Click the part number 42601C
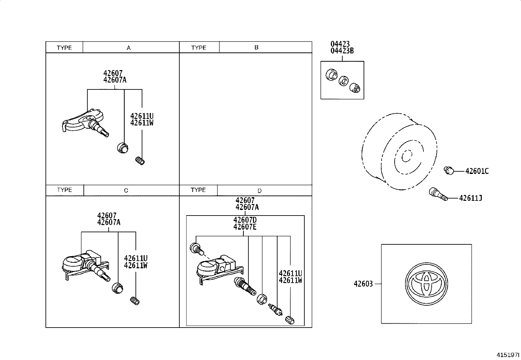(x=477, y=171)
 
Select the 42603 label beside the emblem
(x=363, y=284)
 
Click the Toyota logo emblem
(x=426, y=284)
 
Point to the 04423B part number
(x=342, y=51)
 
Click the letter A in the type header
(x=129, y=48)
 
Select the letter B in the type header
(x=256, y=47)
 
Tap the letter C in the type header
(x=126, y=190)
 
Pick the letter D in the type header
(x=259, y=191)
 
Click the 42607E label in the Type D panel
(x=245, y=227)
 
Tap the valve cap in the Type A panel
(x=140, y=161)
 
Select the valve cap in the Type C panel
(x=135, y=300)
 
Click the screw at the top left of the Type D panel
(x=196, y=248)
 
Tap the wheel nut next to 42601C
(x=449, y=170)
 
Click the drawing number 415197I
(x=508, y=355)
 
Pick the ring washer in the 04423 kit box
(x=343, y=81)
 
